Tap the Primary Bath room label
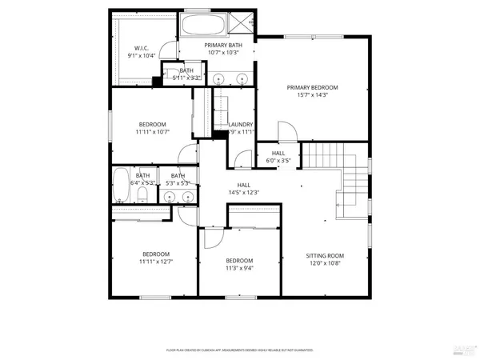point(223,46)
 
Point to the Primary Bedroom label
point(313,87)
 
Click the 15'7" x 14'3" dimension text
point(313,96)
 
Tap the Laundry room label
point(241,125)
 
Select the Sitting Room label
point(324,256)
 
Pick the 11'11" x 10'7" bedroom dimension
point(152,133)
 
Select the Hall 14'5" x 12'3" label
point(244,189)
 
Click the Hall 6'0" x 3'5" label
point(278,157)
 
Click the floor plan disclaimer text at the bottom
point(239,350)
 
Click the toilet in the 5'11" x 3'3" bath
point(170,77)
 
